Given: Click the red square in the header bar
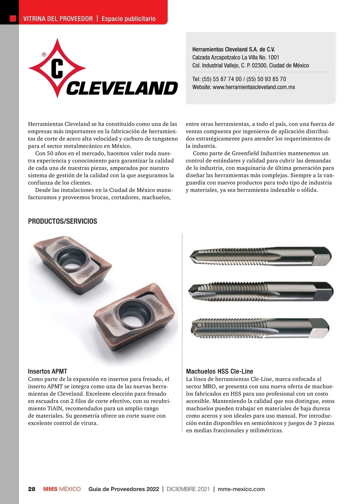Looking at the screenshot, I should [x=13, y=19].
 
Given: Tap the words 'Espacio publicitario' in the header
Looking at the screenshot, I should [x=128, y=19].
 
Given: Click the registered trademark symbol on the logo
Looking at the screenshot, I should [x=44, y=55].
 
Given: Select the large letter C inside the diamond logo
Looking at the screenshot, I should [x=57, y=69].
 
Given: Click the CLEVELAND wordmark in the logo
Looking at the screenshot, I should [x=122, y=88].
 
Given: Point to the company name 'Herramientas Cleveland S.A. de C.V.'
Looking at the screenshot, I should [x=233, y=49].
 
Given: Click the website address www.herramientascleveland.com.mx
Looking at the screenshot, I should [x=254, y=87].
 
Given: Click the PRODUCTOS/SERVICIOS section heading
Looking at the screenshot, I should [x=62, y=221].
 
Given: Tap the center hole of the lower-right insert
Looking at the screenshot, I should [x=132, y=315].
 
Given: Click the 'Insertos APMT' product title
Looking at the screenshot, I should [x=47, y=371].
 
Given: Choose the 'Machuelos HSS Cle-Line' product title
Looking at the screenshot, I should [x=219, y=371].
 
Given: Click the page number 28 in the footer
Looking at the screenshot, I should [x=31, y=489].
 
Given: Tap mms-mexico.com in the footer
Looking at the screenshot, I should [x=241, y=489].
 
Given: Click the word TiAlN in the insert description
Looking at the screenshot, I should [x=55, y=409].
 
